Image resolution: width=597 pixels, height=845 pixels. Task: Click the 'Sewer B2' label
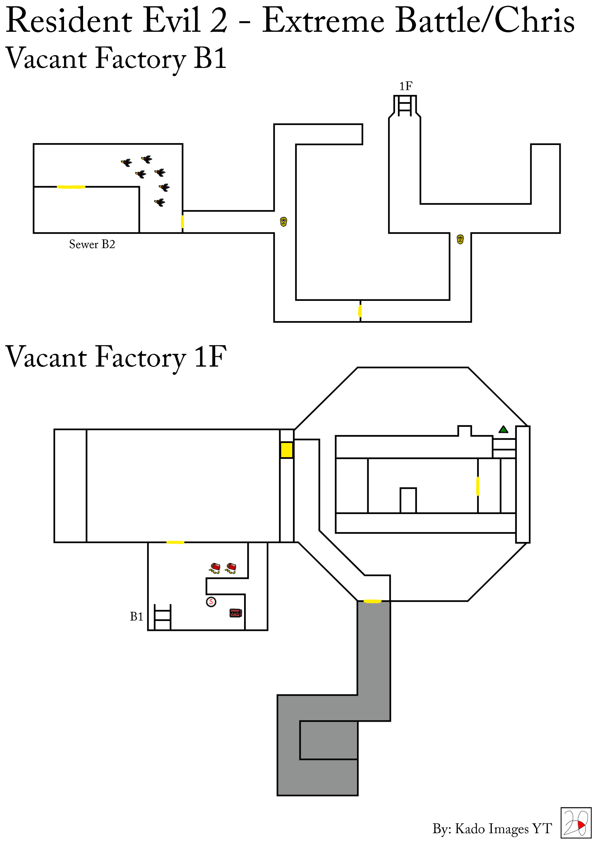tap(92, 244)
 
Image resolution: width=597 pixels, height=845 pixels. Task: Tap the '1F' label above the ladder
tap(406, 86)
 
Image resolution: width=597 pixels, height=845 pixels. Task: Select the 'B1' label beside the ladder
tap(137, 616)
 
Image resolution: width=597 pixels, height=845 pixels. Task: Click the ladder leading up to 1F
tap(405, 106)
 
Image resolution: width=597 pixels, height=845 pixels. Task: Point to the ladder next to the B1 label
tap(163, 617)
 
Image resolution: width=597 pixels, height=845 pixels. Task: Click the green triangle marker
tap(503, 429)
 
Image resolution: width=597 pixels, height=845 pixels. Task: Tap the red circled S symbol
tap(211, 602)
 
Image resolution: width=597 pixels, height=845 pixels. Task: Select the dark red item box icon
tap(235, 613)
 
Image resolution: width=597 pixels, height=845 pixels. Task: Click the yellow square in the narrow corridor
tap(287, 450)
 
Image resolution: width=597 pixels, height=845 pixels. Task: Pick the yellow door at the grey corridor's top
tap(372, 601)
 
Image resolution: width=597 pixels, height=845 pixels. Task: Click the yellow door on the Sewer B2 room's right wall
tap(183, 222)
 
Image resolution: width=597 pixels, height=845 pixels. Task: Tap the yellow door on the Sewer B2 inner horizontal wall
tap(71, 187)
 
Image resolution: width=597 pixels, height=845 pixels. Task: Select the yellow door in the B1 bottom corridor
tap(360, 311)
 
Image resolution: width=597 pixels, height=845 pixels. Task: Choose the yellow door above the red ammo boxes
tap(175, 542)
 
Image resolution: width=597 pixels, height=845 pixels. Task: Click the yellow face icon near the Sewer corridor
tap(283, 222)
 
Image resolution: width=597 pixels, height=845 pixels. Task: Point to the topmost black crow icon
tap(147, 159)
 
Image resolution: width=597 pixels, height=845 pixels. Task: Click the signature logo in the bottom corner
tap(576, 823)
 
